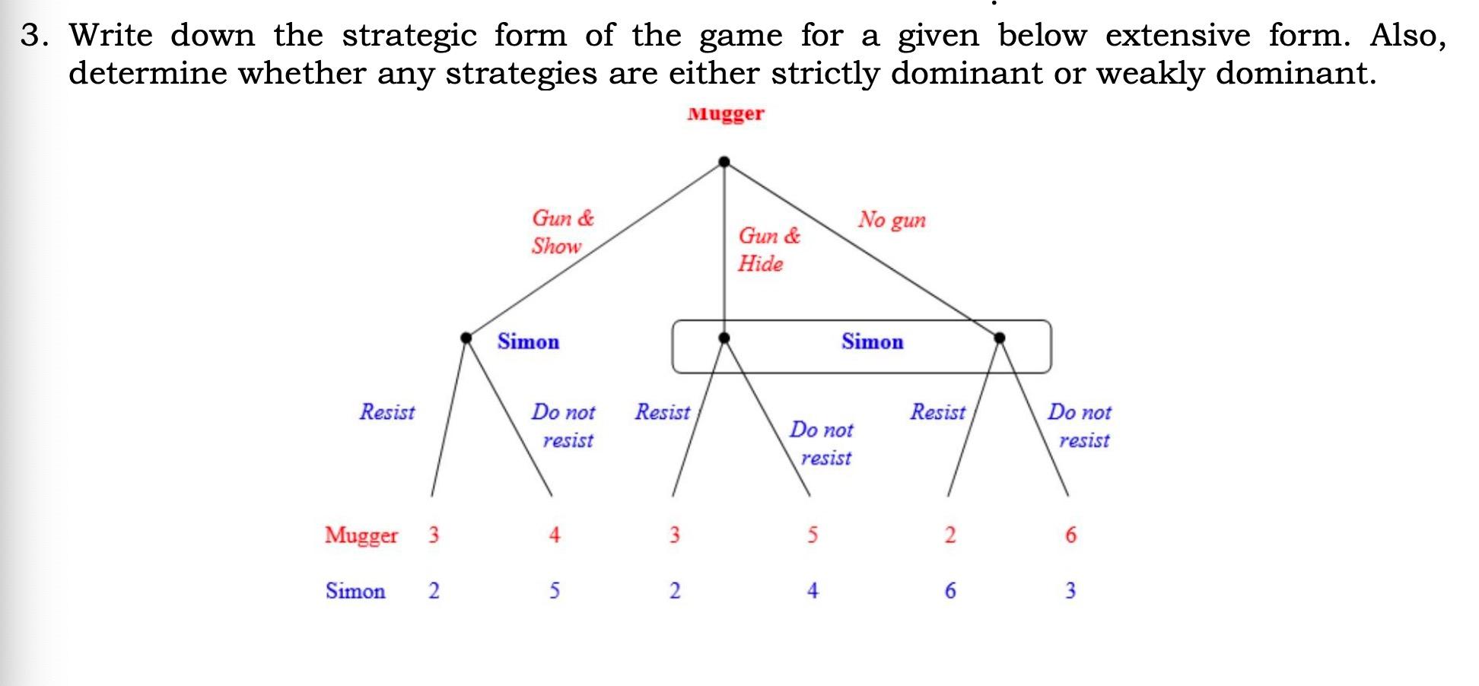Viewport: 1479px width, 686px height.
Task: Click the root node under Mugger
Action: (x=724, y=161)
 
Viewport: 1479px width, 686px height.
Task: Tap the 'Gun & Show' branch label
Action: (x=561, y=232)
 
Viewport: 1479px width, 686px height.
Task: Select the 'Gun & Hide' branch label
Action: (x=768, y=249)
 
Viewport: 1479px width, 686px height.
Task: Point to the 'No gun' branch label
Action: (x=892, y=220)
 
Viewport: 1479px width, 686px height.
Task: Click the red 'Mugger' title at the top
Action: (x=725, y=114)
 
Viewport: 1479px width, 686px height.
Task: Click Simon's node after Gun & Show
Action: (x=466, y=338)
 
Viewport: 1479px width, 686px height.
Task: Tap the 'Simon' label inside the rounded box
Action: (x=872, y=342)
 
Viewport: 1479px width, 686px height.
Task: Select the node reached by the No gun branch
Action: (x=1000, y=338)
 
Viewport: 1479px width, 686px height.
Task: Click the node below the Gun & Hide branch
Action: (x=724, y=338)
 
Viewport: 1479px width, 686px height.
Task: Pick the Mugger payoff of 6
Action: (x=1070, y=535)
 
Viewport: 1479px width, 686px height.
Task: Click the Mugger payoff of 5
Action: (x=813, y=535)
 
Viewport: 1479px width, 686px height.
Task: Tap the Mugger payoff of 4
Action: (x=555, y=535)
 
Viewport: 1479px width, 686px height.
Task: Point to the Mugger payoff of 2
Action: (x=949, y=535)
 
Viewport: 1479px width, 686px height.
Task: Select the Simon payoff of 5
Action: (x=555, y=591)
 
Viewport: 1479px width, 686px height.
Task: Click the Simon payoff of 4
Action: (x=813, y=591)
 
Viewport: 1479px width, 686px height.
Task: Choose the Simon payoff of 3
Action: (x=1070, y=591)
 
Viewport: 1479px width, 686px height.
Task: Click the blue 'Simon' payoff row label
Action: (x=355, y=591)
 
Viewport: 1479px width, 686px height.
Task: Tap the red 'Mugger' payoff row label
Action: (x=361, y=535)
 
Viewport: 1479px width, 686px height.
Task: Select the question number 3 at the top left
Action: (x=30, y=35)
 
